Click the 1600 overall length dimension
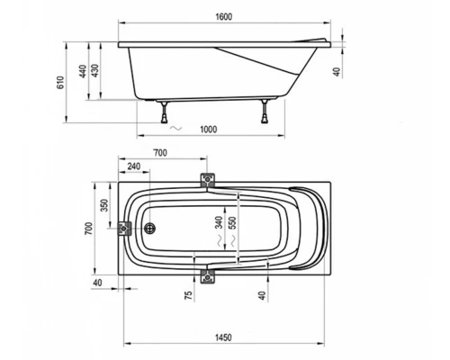pos(224,17)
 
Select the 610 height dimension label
pos(60,83)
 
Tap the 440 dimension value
pos(83,71)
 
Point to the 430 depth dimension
pos(94,71)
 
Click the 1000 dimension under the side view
pos(208,130)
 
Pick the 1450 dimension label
pos(223,337)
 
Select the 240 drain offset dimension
pos(134,166)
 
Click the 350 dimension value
pos(104,205)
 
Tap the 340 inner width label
pos(219,222)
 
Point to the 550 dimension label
pos(232,222)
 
